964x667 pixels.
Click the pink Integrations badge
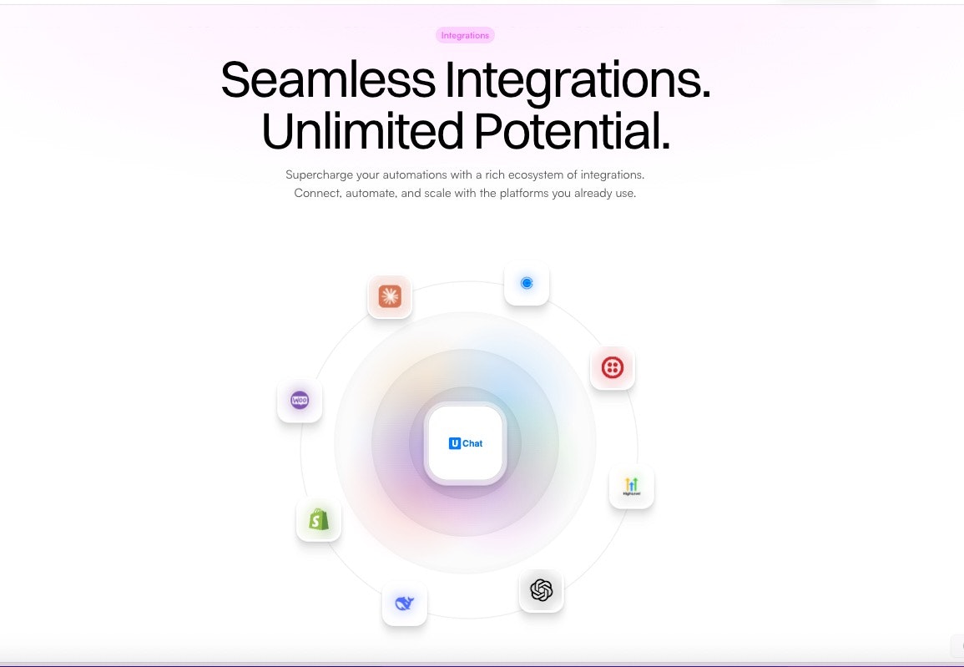click(465, 35)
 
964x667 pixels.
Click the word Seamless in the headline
click(327, 80)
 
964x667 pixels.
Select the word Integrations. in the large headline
click(578, 80)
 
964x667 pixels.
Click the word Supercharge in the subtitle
click(320, 175)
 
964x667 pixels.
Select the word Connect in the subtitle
click(315, 194)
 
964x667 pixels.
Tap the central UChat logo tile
click(465, 443)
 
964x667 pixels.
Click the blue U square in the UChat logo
click(455, 443)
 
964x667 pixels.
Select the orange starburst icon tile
click(390, 296)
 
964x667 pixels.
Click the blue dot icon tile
click(527, 283)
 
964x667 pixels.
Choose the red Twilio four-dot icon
click(613, 367)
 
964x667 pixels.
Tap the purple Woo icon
click(300, 400)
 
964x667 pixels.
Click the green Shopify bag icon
click(319, 519)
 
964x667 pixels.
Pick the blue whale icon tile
click(405, 604)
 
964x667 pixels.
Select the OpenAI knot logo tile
click(542, 590)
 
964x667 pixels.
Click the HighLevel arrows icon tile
click(632, 486)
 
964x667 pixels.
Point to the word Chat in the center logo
click(472, 443)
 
